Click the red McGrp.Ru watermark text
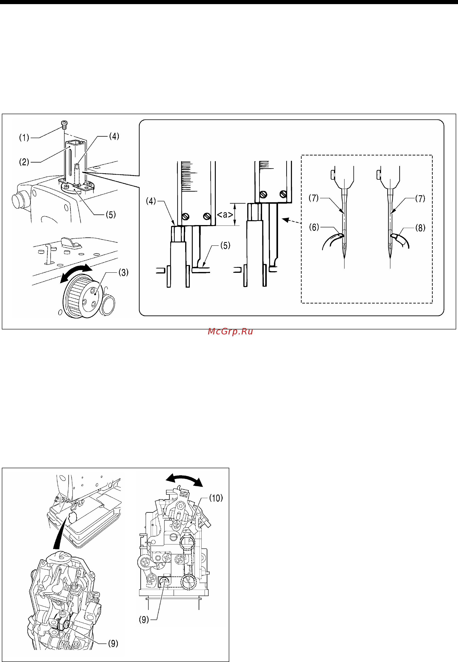coord(230,331)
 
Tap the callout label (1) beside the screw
coord(24,138)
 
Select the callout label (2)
coord(24,162)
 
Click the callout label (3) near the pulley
coord(123,272)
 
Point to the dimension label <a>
coord(225,215)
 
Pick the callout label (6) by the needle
coord(314,227)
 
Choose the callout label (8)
coord(420,228)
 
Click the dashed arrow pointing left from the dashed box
coord(291,221)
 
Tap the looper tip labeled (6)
coord(340,235)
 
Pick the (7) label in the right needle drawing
coord(420,198)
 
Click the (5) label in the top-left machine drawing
coord(111,215)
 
